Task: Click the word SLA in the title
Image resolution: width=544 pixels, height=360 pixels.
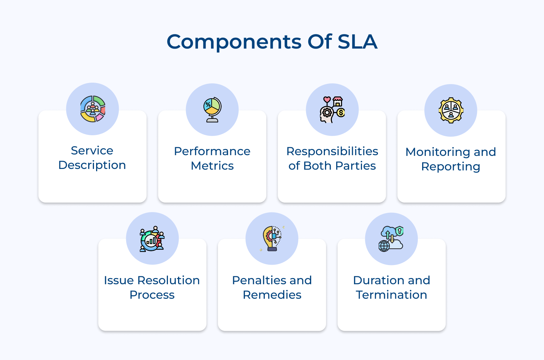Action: coord(357,42)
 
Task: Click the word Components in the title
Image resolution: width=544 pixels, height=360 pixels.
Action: coord(234,42)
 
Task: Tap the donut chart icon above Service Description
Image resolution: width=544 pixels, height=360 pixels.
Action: coord(92,109)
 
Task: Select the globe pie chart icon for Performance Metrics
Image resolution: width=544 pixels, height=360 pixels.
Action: coord(212,109)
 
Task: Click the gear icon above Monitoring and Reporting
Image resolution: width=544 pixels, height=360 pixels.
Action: coord(451,110)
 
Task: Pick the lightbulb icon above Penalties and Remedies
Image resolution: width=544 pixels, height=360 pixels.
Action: coord(272,238)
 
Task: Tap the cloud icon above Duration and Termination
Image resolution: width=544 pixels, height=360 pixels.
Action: coord(391,239)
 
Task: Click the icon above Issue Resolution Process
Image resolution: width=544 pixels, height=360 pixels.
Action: coord(152,239)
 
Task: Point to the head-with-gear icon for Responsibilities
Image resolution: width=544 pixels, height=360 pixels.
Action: coord(332,109)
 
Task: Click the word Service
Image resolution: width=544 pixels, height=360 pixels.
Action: coord(92,150)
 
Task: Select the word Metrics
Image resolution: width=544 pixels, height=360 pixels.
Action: coord(212,166)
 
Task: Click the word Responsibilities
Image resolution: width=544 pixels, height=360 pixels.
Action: coord(332,151)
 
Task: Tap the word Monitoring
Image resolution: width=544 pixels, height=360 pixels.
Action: coord(437,152)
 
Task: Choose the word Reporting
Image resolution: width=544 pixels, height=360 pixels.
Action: coord(450,167)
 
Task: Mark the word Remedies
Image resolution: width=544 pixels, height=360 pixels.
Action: coord(272,295)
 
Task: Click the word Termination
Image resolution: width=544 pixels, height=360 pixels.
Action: coord(391,295)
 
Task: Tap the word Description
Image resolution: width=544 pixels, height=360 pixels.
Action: coord(92,165)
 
